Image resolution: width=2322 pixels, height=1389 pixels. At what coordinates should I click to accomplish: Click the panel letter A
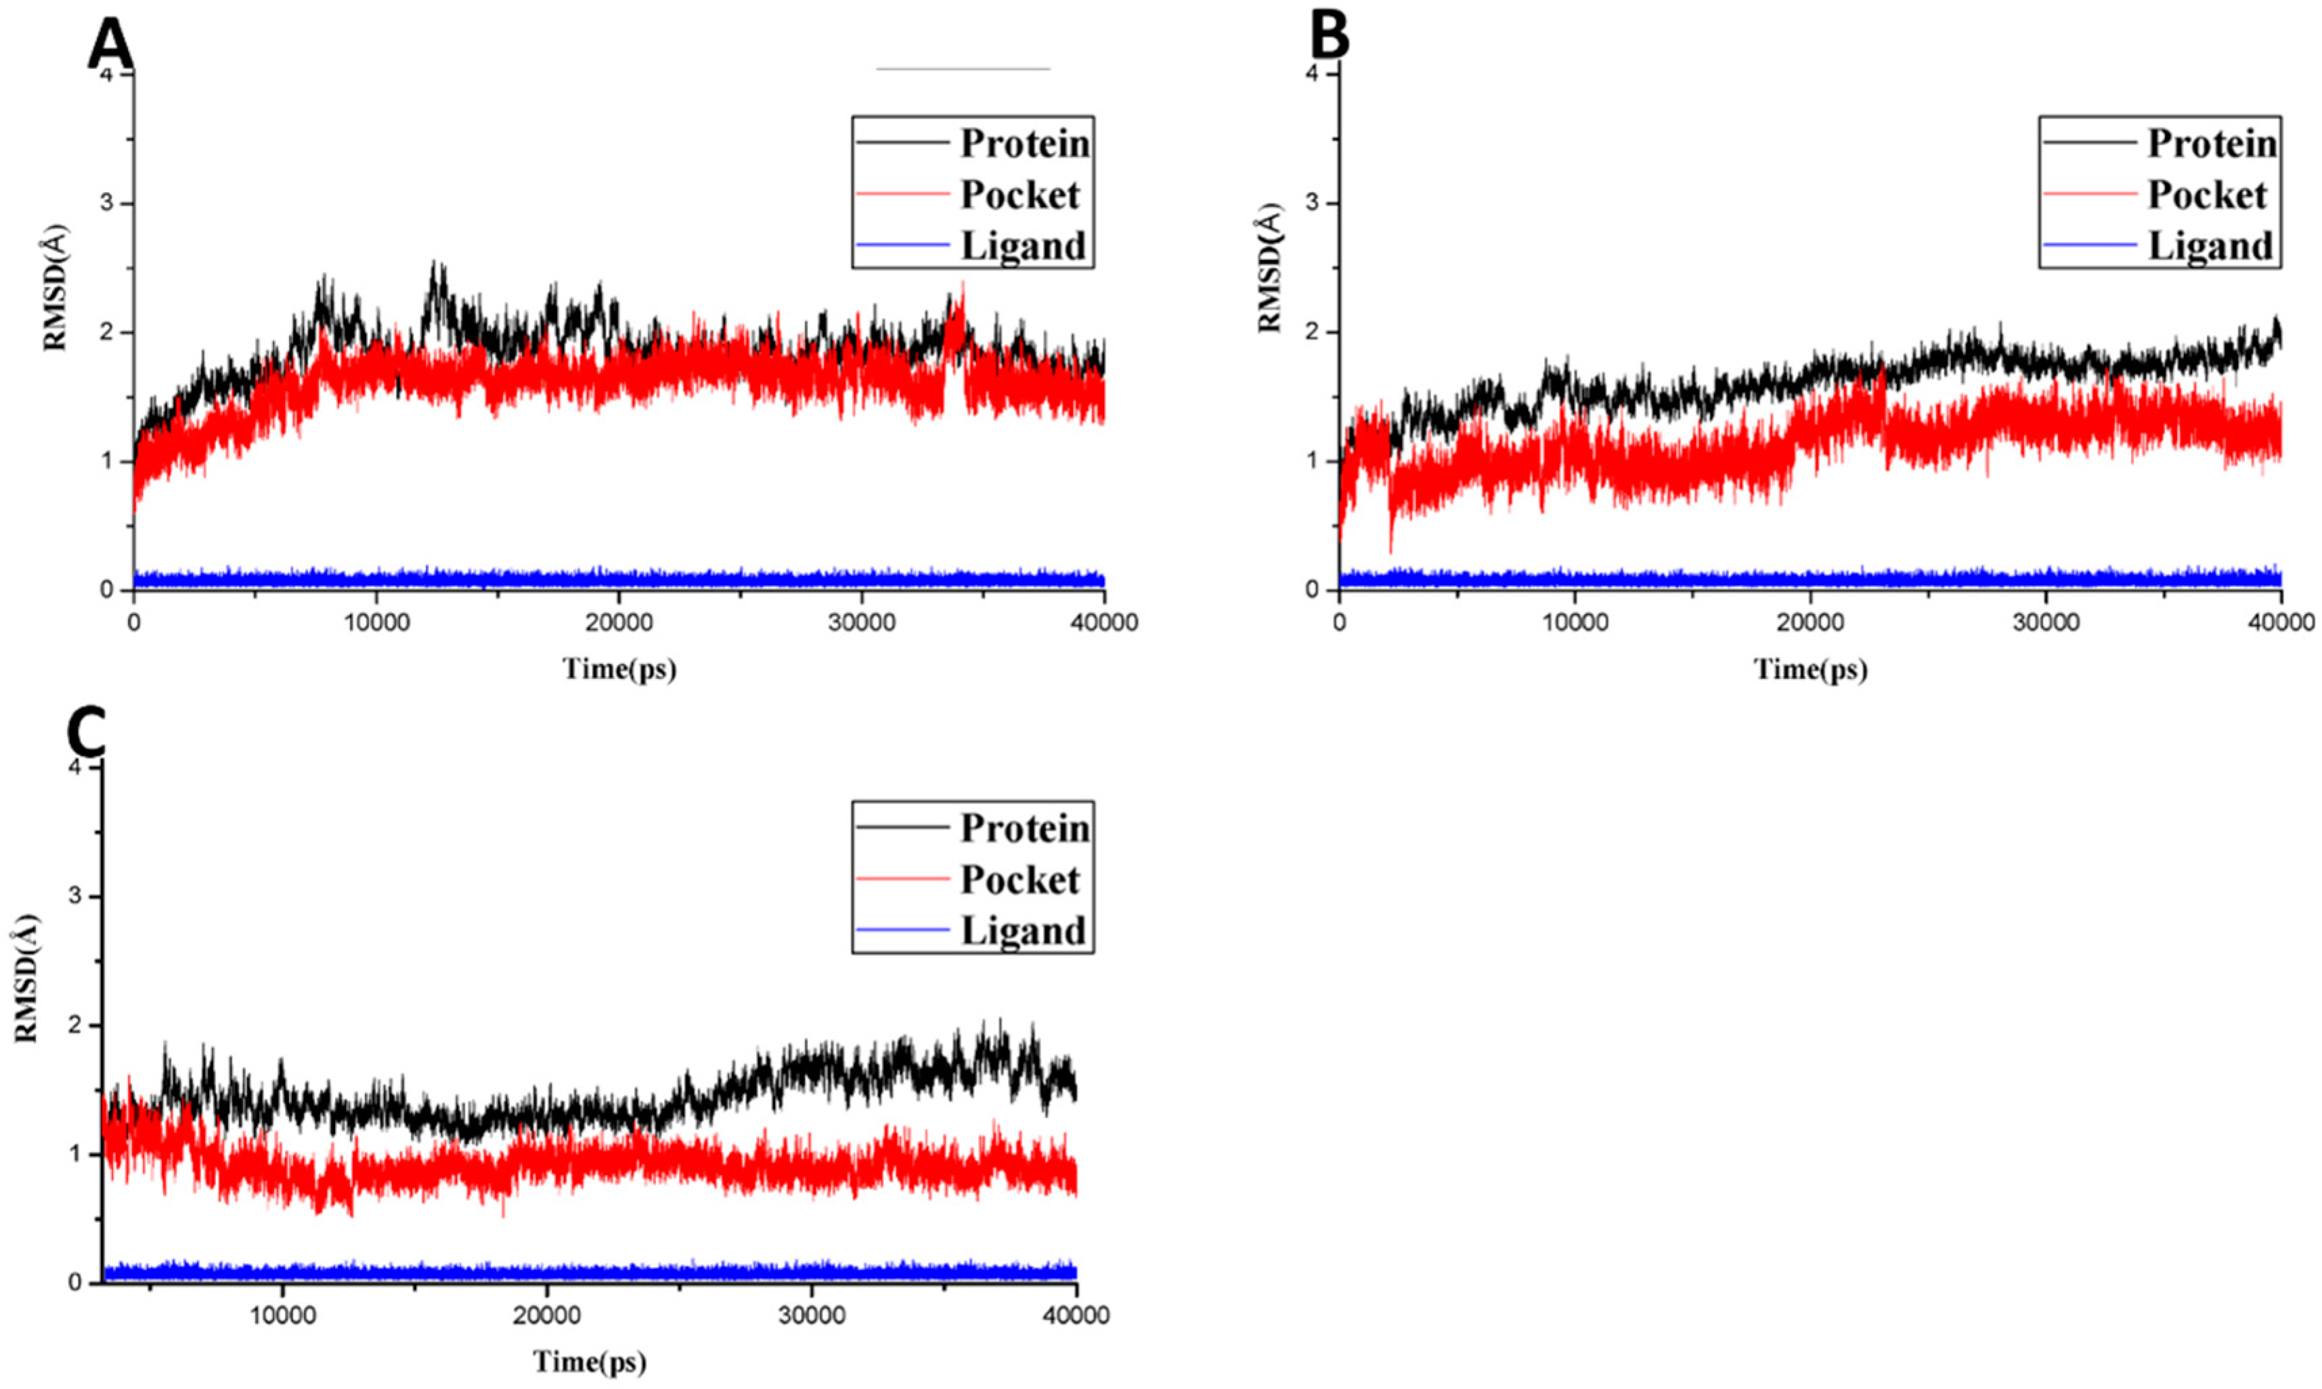[x=110, y=45]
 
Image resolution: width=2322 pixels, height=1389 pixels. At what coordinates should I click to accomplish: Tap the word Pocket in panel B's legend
[x=2207, y=195]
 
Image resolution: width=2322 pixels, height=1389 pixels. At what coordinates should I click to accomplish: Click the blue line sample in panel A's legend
[x=902, y=245]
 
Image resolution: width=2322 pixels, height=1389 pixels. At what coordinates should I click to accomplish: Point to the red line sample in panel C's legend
[x=902, y=879]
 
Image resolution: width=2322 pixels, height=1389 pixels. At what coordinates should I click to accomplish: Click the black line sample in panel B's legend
[x=2090, y=144]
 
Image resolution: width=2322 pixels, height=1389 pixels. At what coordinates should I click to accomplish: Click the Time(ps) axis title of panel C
[x=590, y=1361]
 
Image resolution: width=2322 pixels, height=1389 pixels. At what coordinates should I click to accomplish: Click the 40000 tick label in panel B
[x=2280, y=621]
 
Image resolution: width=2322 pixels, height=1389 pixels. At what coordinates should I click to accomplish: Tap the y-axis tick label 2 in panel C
[x=88, y=1025]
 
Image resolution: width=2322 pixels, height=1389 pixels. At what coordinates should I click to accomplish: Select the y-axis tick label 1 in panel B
[x=1323, y=460]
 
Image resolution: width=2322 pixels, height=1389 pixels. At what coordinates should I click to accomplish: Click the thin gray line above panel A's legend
[x=963, y=68]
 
